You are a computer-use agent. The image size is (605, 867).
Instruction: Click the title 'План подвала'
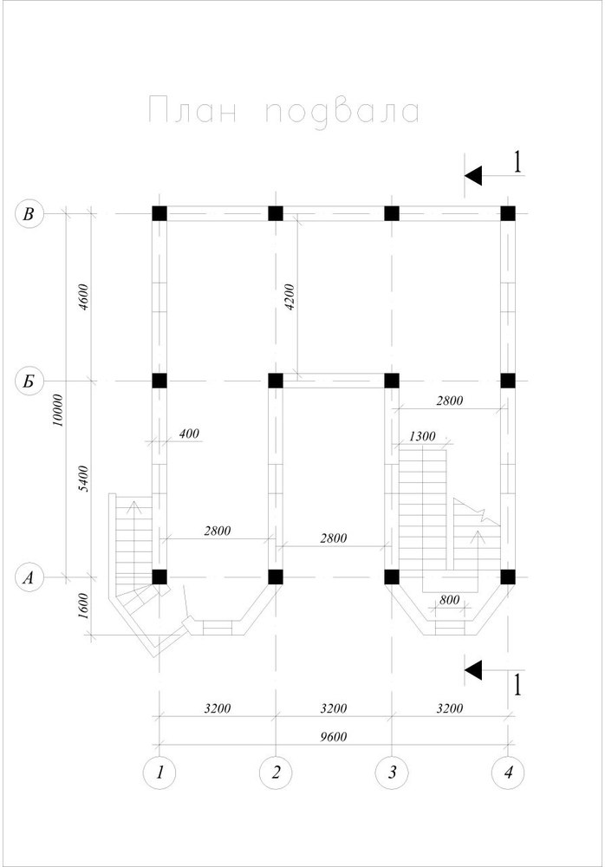[x=284, y=111]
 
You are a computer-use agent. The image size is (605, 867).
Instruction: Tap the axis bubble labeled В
[x=29, y=213]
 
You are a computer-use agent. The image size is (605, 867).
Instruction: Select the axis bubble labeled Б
[x=29, y=381]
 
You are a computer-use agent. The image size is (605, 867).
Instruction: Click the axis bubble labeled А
[x=29, y=577]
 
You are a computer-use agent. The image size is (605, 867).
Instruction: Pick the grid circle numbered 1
[x=159, y=772]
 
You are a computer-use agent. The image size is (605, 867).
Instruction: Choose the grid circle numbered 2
[x=276, y=772]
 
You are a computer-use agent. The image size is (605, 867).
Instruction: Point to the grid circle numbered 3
[x=392, y=772]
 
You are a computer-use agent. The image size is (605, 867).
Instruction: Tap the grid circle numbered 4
[x=508, y=772]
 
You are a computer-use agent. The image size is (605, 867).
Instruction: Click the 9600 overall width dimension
[x=334, y=736]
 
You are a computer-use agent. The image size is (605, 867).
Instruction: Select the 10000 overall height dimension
[x=59, y=410]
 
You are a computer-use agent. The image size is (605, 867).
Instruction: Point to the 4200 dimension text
[x=290, y=297]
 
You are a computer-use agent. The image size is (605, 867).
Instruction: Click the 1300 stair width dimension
[x=422, y=436]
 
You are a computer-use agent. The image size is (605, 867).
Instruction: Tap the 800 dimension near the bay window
[x=450, y=599]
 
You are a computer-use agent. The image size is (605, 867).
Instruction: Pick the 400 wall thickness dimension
[x=189, y=433]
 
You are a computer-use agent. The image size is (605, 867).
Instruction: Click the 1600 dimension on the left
[x=83, y=607]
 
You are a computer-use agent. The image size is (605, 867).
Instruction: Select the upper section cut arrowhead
[x=473, y=176]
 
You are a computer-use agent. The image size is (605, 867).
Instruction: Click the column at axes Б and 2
[x=276, y=381]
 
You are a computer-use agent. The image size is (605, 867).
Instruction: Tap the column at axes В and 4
[x=508, y=213]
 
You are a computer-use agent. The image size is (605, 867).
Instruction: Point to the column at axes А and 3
[x=392, y=577]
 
